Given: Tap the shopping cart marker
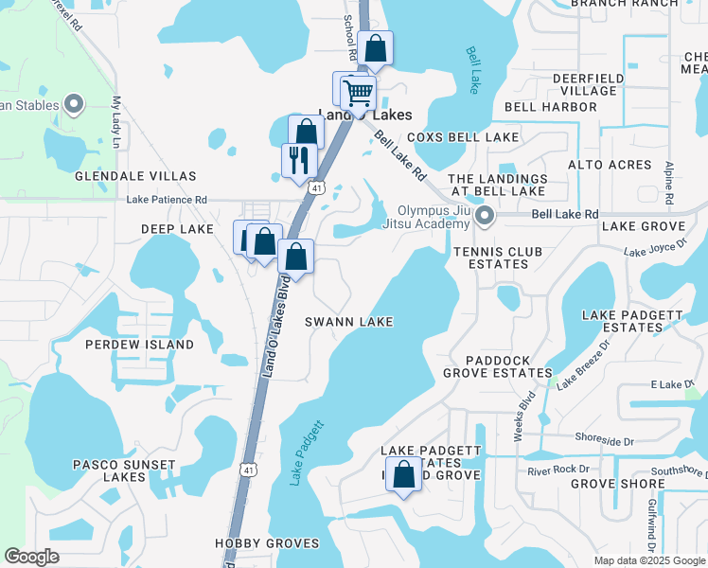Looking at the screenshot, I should click(359, 93).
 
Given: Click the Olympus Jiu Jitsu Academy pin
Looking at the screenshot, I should click(485, 217).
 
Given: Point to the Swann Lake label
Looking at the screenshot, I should click(348, 323).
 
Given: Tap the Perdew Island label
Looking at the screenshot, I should click(140, 345).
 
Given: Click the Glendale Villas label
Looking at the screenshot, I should click(136, 176).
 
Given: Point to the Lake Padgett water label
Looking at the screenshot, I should click(309, 453).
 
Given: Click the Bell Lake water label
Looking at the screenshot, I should click(474, 68).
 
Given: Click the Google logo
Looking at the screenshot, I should click(32, 557).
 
